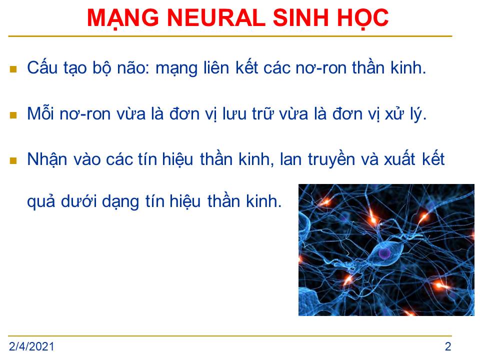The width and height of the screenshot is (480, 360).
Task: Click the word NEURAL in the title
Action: point(216,17)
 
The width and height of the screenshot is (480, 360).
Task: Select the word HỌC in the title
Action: point(363,18)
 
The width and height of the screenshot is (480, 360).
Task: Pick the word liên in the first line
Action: point(216,67)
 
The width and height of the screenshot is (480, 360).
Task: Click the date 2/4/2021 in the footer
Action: point(31,346)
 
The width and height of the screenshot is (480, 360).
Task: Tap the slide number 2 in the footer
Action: point(448,346)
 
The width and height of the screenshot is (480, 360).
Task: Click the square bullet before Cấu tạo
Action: point(13,69)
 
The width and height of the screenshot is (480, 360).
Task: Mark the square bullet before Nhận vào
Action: point(13,160)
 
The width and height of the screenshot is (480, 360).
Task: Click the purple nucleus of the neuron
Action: point(384,253)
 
